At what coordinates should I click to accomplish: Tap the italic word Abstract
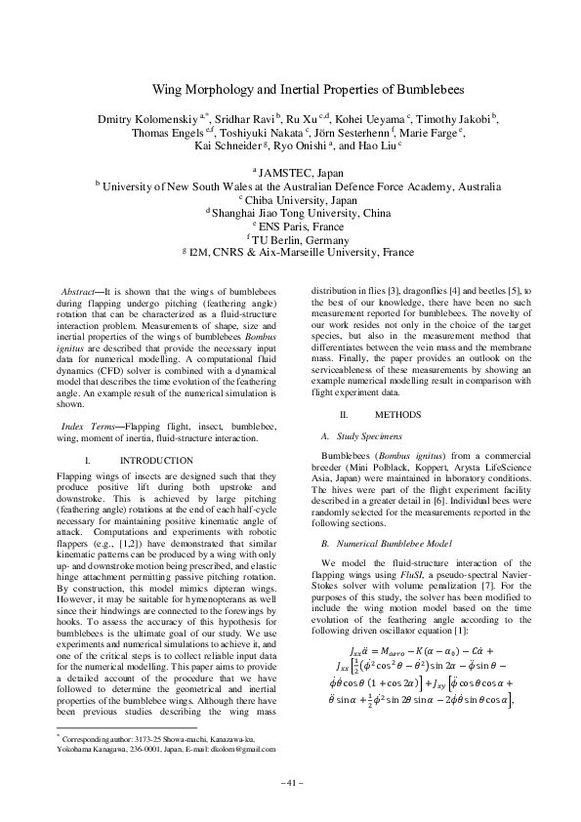[x=79, y=291]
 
